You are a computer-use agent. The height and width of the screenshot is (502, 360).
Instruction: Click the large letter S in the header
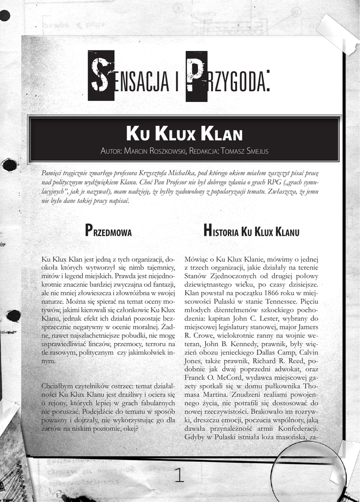pyautogui.click(x=100, y=76)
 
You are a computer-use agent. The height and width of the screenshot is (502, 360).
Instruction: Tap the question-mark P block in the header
pyautogui.click(x=196, y=76)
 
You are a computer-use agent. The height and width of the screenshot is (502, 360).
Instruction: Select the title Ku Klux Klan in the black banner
pyautogui.click(x=184, y=134)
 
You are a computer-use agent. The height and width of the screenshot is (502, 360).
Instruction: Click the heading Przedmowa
pyautogui.click(x=108, y=230)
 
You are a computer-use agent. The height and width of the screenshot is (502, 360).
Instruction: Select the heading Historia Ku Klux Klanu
pyautogui.click(x=251, y=231)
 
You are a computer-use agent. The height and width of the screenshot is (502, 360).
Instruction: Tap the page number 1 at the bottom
pyautogui.click(x=179, y=475)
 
